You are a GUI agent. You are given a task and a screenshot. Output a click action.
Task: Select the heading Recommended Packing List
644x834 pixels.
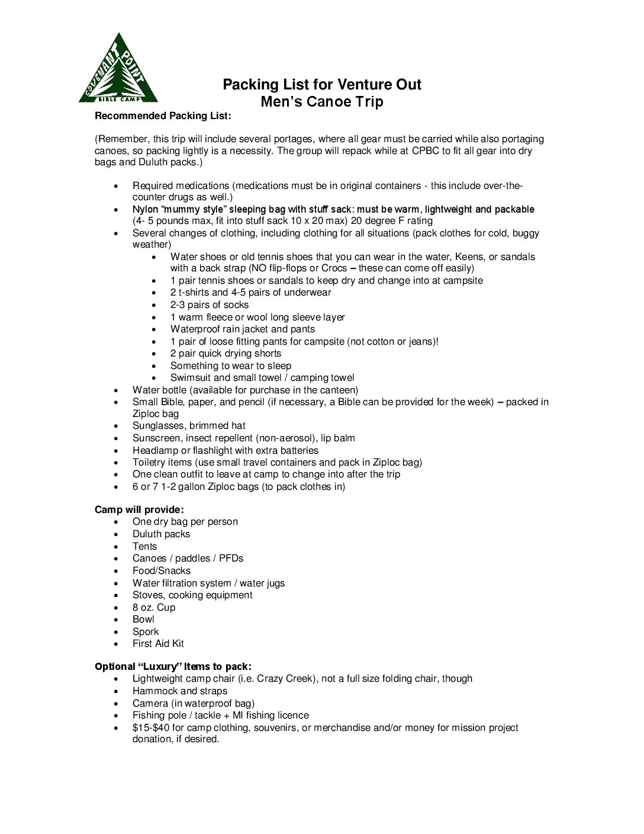click(163, 116)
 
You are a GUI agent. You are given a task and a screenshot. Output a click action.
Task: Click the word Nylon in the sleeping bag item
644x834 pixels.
click(145, 209)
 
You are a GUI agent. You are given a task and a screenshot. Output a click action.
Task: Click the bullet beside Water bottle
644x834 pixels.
click(117, 390)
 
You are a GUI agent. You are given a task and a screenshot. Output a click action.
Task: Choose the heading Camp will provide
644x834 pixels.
click(139, 509)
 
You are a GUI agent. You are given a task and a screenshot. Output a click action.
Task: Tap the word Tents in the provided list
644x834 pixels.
click(144, 546)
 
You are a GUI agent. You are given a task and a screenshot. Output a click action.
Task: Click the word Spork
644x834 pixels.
click(146, 631)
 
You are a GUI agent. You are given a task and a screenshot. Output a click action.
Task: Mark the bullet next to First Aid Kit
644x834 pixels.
click(117, 644)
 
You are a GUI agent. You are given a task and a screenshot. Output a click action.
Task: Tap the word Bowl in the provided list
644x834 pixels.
click(143, 619)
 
